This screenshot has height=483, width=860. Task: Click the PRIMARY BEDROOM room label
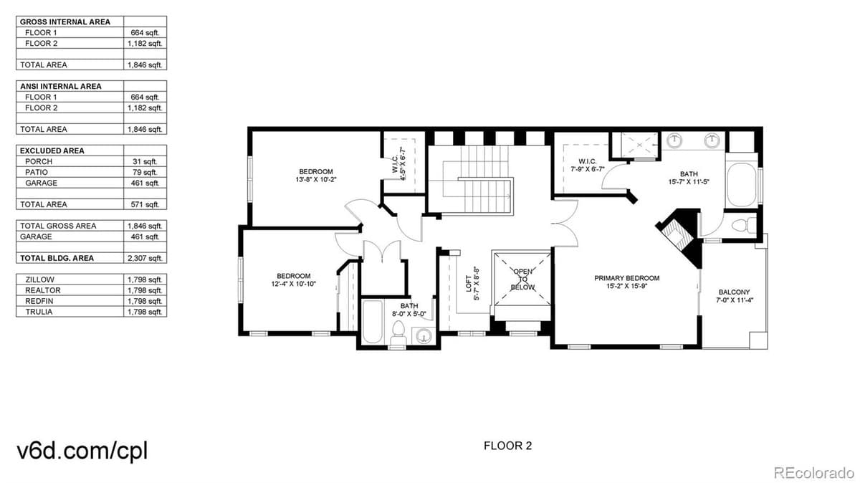pos(626,278)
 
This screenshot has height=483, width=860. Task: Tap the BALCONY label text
pos(734,292)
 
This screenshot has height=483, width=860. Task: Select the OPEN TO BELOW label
pos(522,279)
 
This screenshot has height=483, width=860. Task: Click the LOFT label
pos(468,283)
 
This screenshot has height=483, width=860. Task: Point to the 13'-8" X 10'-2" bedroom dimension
pos(316,181)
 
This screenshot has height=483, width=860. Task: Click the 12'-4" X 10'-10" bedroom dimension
pos(293,285)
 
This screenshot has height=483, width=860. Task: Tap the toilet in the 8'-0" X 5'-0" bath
pos(398,333)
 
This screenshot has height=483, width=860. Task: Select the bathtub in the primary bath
pos(741,185)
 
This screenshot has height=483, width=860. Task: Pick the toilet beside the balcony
pos(740,224)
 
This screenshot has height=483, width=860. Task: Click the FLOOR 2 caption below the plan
pos(508,446)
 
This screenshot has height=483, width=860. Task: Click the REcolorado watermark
pos(813,472)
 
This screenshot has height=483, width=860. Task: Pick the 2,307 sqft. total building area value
pos(145,258)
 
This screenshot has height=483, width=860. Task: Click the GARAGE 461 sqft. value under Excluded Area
pos(145,183)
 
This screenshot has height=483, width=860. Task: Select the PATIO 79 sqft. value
pos(145,172)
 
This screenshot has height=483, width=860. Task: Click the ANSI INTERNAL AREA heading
pos(60,86)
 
